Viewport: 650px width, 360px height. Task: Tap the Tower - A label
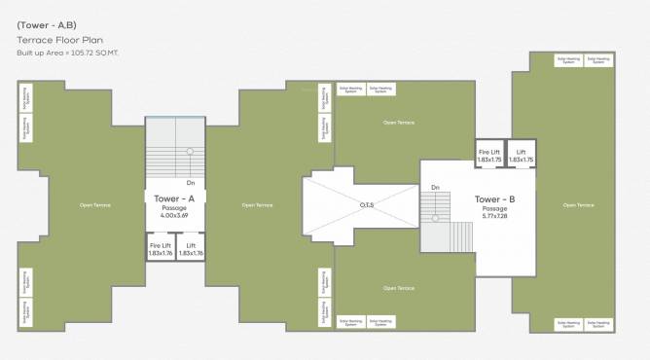[x=175, y=198]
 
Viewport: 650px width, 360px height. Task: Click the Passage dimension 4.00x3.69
[x=175, y=214]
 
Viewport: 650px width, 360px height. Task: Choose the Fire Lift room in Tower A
[x=161, y=248]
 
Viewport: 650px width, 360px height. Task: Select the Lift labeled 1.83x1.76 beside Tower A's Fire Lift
[x=191, y=248]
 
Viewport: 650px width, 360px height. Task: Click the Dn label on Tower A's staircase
[x=191, y=182]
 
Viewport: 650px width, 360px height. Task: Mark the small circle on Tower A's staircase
[x=190, y=151]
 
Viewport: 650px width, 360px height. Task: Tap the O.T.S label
[x=367, y=204]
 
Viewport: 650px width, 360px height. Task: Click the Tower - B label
[x=494, y=198]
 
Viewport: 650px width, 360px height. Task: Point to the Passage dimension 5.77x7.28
[x=494, y=216]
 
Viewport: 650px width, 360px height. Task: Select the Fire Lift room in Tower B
[x=489, y=155]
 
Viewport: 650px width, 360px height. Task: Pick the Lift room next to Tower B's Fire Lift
[x=521, y=155]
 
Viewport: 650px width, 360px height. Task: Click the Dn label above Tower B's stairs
[x=435, y=187]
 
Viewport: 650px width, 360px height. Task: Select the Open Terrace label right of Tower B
[x=579, y=205]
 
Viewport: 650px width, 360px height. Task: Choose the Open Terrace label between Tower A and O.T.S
[x=257, y=205]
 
